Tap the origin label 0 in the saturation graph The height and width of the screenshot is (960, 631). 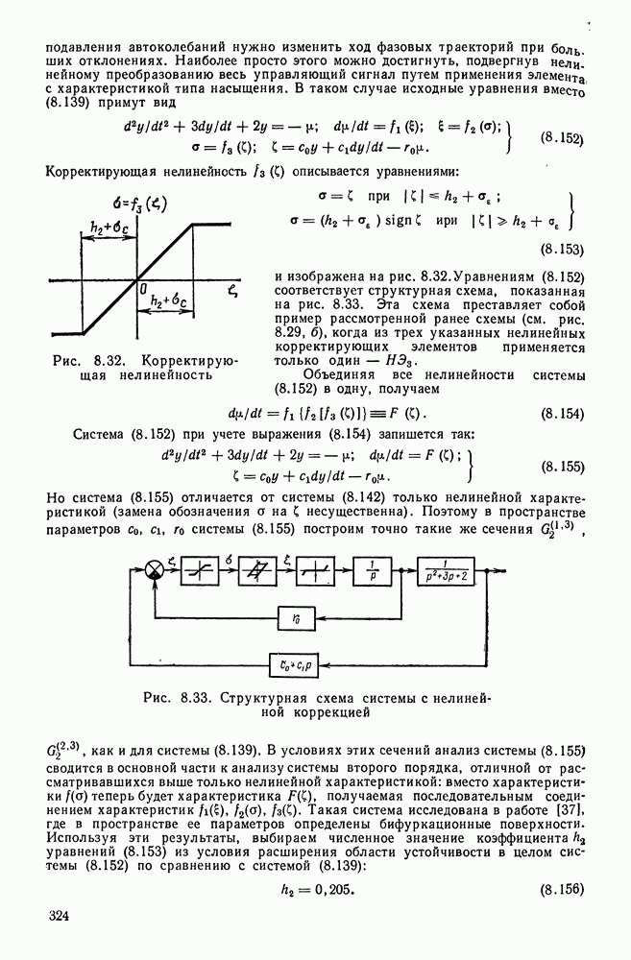click(140, 287)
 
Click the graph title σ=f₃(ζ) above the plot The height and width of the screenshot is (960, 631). click(141, 203)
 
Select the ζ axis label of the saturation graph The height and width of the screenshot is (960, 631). click(233, 285)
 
